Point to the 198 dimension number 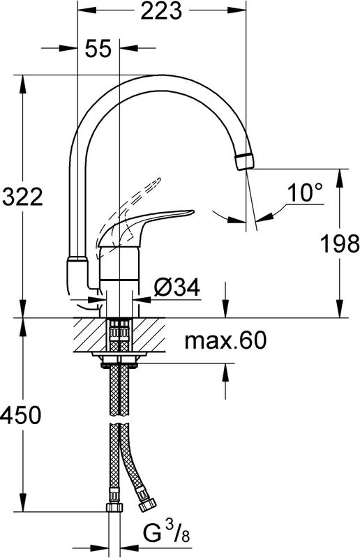[340, 243]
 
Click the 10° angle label [305, 193]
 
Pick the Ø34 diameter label [177, 286]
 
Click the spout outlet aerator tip [243, 160]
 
